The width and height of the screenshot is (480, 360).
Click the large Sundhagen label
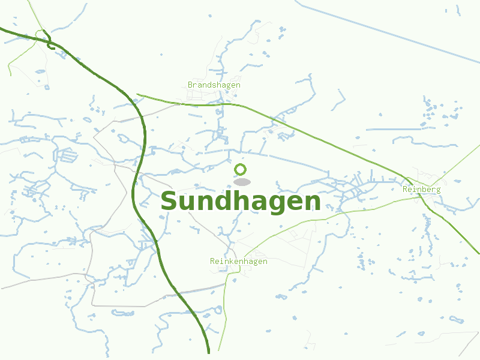240,202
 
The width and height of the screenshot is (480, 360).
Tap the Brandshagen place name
214,85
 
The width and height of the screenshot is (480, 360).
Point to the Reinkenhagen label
238,262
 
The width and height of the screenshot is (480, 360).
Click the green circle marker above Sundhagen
241,169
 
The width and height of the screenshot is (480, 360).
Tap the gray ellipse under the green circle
242,182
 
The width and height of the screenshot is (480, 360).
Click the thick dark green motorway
145,138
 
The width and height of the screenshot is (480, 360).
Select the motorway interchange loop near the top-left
49,43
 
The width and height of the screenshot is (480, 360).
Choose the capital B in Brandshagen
190,85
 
